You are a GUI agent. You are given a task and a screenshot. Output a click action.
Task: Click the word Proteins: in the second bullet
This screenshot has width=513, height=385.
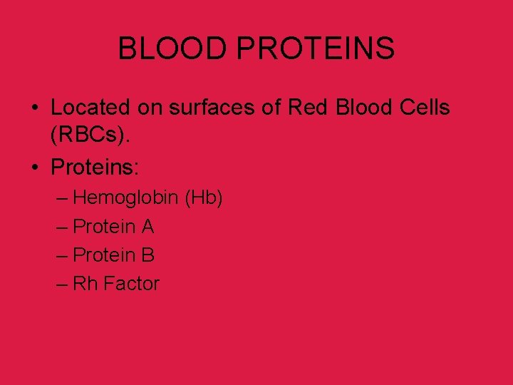[96, 168]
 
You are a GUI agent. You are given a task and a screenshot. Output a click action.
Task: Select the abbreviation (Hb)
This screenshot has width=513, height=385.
[204, 197]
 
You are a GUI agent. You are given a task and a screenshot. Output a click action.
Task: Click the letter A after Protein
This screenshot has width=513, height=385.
[147, 227]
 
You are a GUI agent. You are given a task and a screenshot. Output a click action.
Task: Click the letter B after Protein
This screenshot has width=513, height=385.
[147, 255]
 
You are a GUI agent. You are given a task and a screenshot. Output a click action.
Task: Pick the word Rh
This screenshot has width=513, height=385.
[85, 284]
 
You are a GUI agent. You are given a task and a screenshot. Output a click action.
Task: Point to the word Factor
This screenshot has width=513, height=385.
[132, 284]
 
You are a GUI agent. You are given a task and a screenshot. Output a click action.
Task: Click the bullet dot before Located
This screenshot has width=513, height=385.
[34, 108]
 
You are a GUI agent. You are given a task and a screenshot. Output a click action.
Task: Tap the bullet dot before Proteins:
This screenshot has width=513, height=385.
[34, 168]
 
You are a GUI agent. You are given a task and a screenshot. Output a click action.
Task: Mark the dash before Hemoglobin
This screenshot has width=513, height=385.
[61, 198]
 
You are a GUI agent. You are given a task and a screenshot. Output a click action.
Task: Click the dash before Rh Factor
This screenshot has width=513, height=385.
[61, 284]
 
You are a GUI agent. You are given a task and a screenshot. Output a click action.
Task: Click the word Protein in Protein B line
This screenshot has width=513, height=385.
[105, 255]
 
